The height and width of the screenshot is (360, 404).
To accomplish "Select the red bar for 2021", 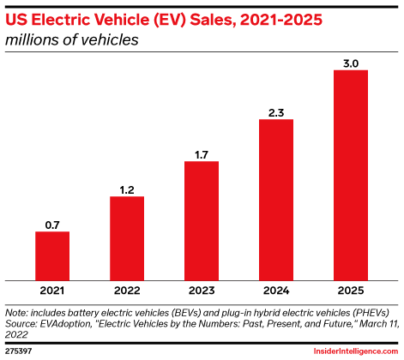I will (x=52, y=255).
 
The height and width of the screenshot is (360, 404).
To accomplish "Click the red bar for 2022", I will (x=127, y=237).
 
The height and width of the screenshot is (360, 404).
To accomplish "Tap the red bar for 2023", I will (x=202, y=220).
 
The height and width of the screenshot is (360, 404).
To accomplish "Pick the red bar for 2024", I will (x=276, y=199).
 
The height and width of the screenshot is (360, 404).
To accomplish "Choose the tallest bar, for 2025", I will (x=351, y=175).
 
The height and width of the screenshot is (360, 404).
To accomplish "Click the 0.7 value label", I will (x=52, y=225).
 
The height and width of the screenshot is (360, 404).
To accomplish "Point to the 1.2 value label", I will (x=127, y=189).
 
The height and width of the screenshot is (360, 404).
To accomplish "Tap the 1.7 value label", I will (x=202, y=154).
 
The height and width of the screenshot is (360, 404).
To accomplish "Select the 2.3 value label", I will (x=276, y=112).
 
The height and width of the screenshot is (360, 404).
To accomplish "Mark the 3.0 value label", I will (x=351, y=63).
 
